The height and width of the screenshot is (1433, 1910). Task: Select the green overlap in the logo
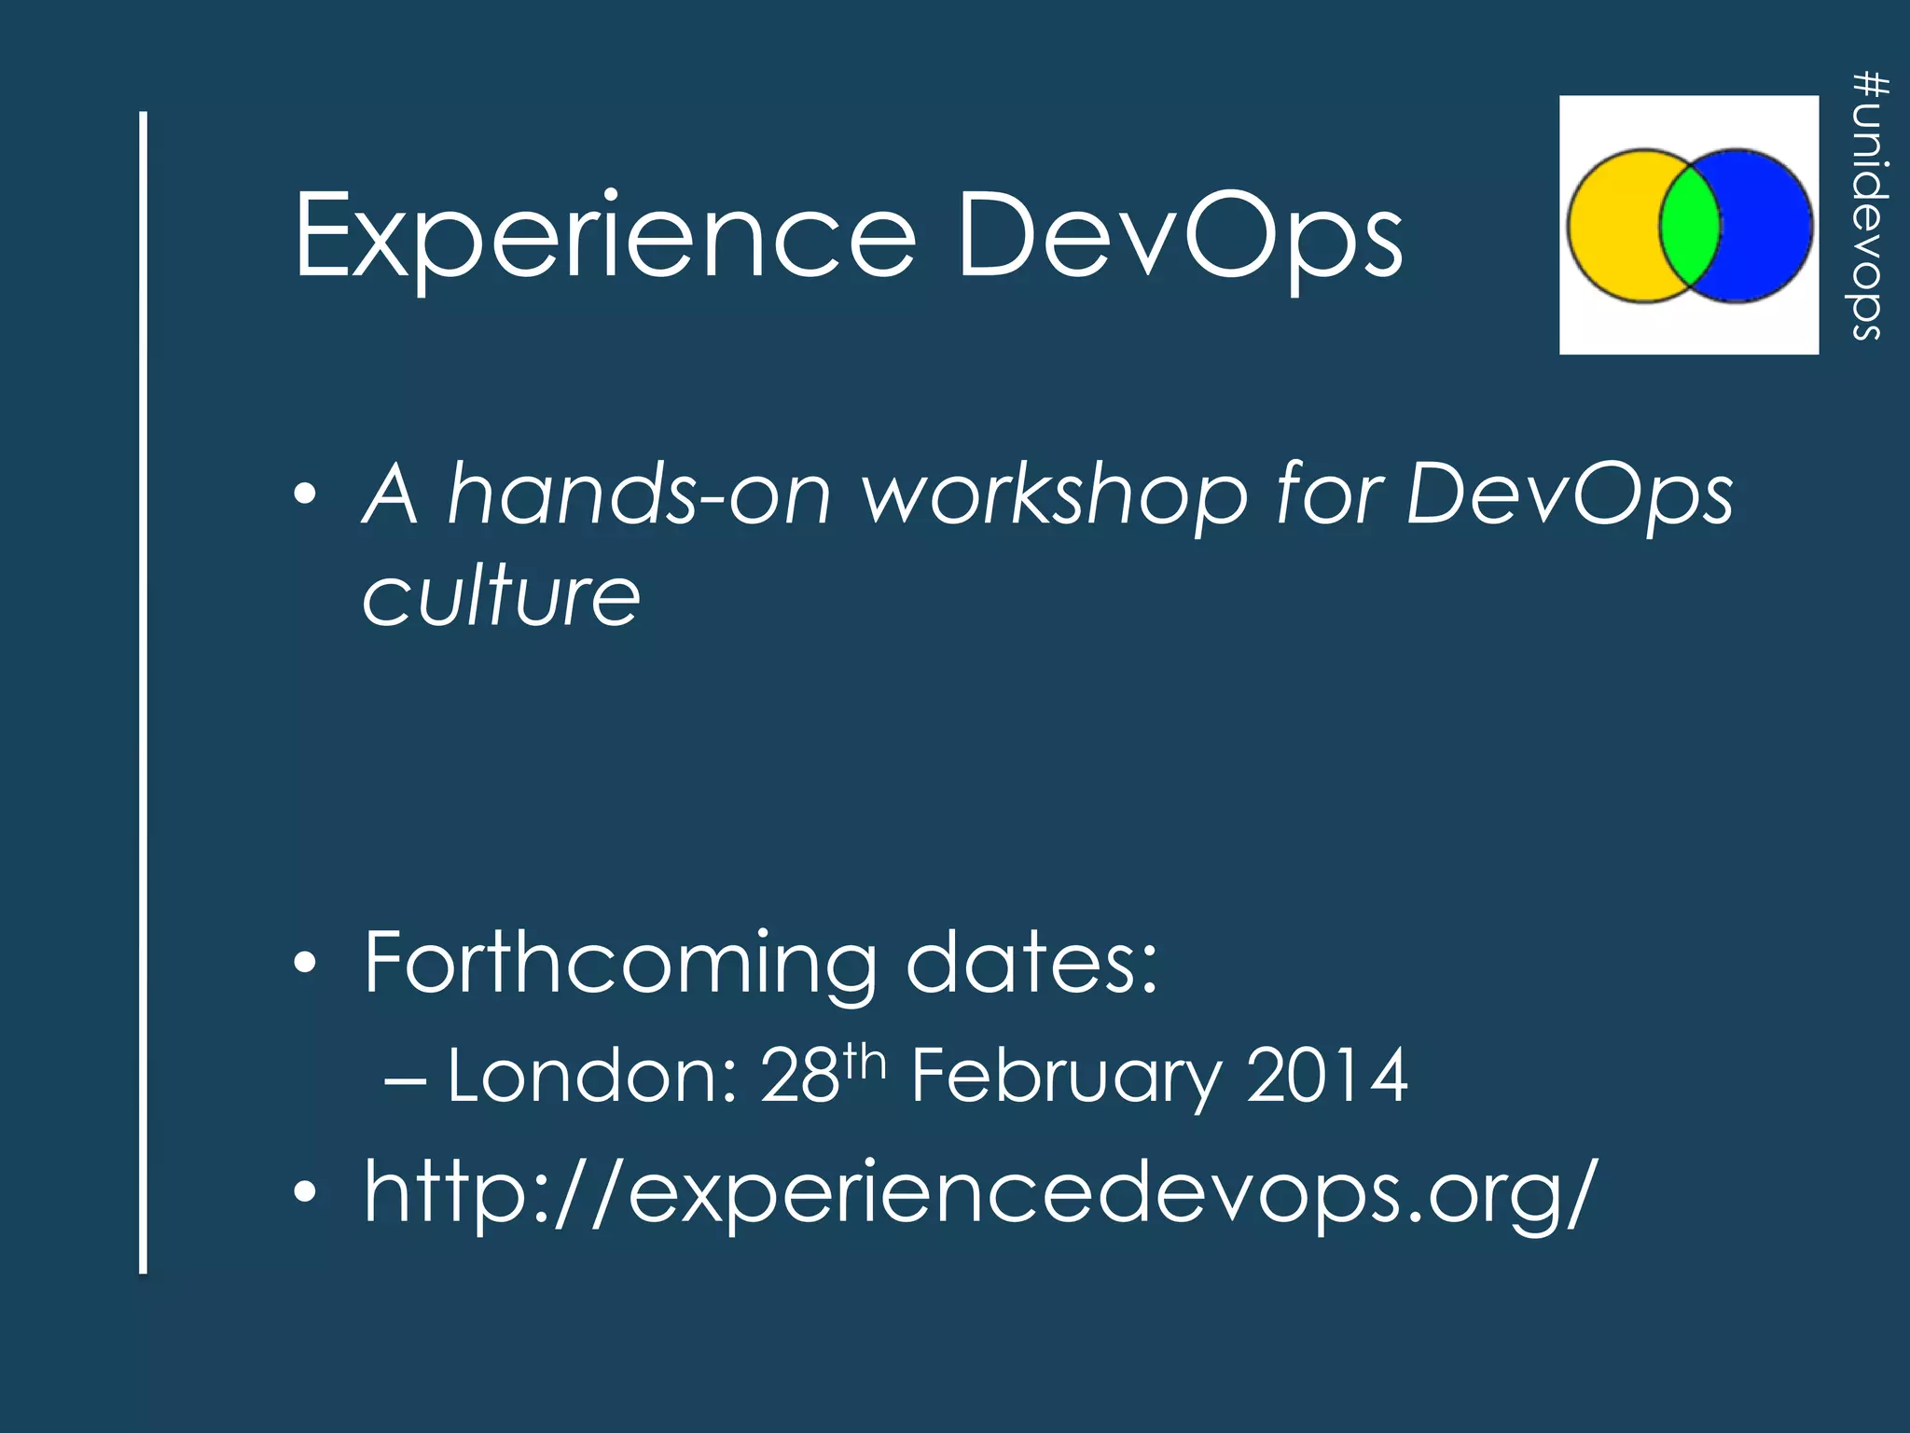tap(1689, 226)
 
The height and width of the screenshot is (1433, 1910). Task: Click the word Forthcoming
tap(620, 963)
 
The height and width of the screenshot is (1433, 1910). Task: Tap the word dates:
tap(1031, 963)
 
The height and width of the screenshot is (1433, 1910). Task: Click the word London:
tap(593, 1077)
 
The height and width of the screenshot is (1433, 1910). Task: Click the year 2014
tap(1326, 1077)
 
